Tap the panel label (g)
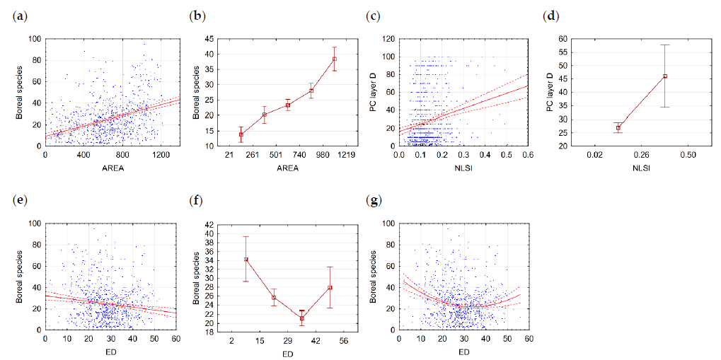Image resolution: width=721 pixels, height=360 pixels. pyautogui.click(x=372, y=200)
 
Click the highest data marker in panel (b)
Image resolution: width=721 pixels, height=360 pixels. pyautogui.click(x=335, y=59)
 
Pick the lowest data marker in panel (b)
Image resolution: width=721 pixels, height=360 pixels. pyautogui.click(x=241, y=134)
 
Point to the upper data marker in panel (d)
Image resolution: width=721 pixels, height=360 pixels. pyautogui.click(x=665, y=76)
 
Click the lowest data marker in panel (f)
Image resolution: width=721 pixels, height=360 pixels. pyautogui.click(x=301, y=318)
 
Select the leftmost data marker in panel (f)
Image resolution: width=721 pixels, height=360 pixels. pyautogui.click(x=246, y=259)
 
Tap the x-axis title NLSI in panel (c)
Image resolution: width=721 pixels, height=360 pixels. pyautogui.click(x=464, y=168)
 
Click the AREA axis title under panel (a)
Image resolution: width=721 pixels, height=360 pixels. pyautogui.click(x=107, y=168)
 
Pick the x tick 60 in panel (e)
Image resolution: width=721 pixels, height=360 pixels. pyautogui.click(x=175, y=339)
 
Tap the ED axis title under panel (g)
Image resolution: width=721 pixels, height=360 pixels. pyautogui.click(x=463, y=352)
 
